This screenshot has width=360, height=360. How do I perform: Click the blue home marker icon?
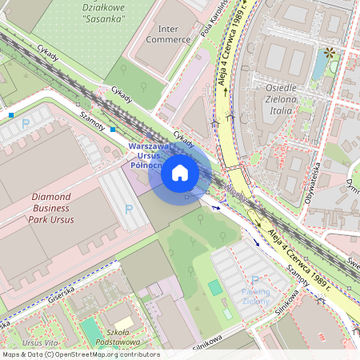tap(180, 173)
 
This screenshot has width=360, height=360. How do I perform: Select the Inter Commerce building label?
tap(162, 33)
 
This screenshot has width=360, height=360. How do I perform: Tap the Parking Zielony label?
tap(255, 296)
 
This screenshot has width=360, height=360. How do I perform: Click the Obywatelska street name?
tap(317, 182)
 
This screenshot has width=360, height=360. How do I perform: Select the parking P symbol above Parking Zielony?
tap(255, 280)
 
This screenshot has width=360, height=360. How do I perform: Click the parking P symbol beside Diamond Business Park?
tap(129, 209)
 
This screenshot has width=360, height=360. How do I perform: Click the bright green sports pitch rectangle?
tap(214, 287)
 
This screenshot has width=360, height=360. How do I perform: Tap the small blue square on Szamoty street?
tap(113, 129)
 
